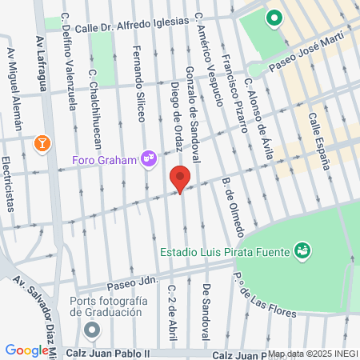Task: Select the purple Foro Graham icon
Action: (148, 158)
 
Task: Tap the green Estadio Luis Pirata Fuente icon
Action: (302, 251)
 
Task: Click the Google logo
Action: (26, 350)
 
